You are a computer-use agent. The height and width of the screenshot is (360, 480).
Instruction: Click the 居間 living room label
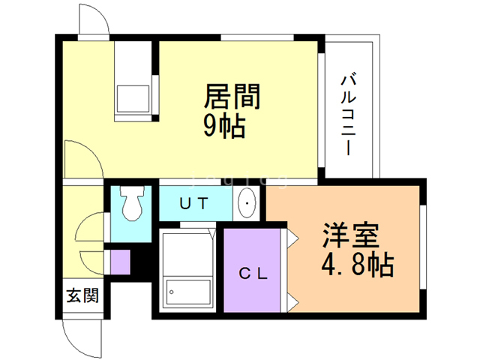[x=232, y=97]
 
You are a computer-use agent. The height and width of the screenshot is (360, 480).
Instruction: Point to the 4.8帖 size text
[x=358, y=265]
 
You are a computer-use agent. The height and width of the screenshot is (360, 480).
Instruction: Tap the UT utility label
[x=194, y=202]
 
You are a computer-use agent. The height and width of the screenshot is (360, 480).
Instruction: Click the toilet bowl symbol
[x=132, y=204]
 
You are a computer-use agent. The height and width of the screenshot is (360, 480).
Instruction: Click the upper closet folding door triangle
[x=292, y=238]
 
